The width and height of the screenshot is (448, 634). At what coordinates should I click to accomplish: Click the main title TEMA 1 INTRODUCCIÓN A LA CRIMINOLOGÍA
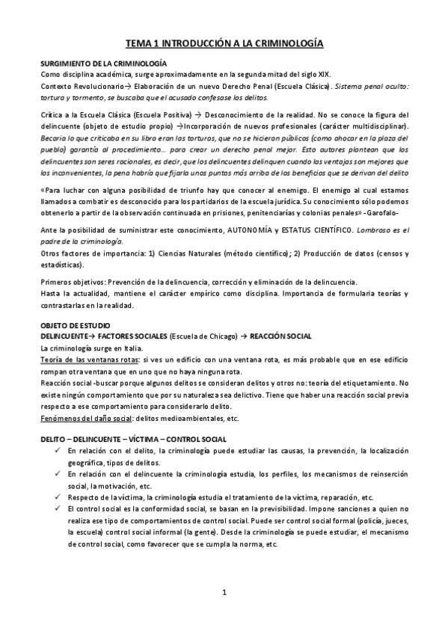click(x=224, y=44)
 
